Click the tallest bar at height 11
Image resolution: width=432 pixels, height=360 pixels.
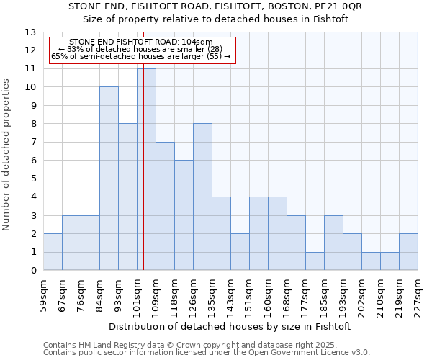click(146, 169)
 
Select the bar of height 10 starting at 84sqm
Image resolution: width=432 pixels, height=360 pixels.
click(109, 179)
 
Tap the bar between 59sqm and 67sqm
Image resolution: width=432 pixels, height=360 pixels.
click(53, 252)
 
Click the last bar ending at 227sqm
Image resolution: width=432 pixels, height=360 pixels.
click(408, 252)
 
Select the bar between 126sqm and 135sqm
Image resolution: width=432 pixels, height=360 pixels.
click(202, 197)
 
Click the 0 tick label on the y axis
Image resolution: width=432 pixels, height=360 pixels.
click(33, 271)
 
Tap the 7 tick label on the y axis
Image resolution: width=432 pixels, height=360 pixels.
click(33, 143)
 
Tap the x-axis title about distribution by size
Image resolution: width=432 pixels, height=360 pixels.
click(230, 326)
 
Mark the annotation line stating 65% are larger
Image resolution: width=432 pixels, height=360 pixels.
click(141, 56)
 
